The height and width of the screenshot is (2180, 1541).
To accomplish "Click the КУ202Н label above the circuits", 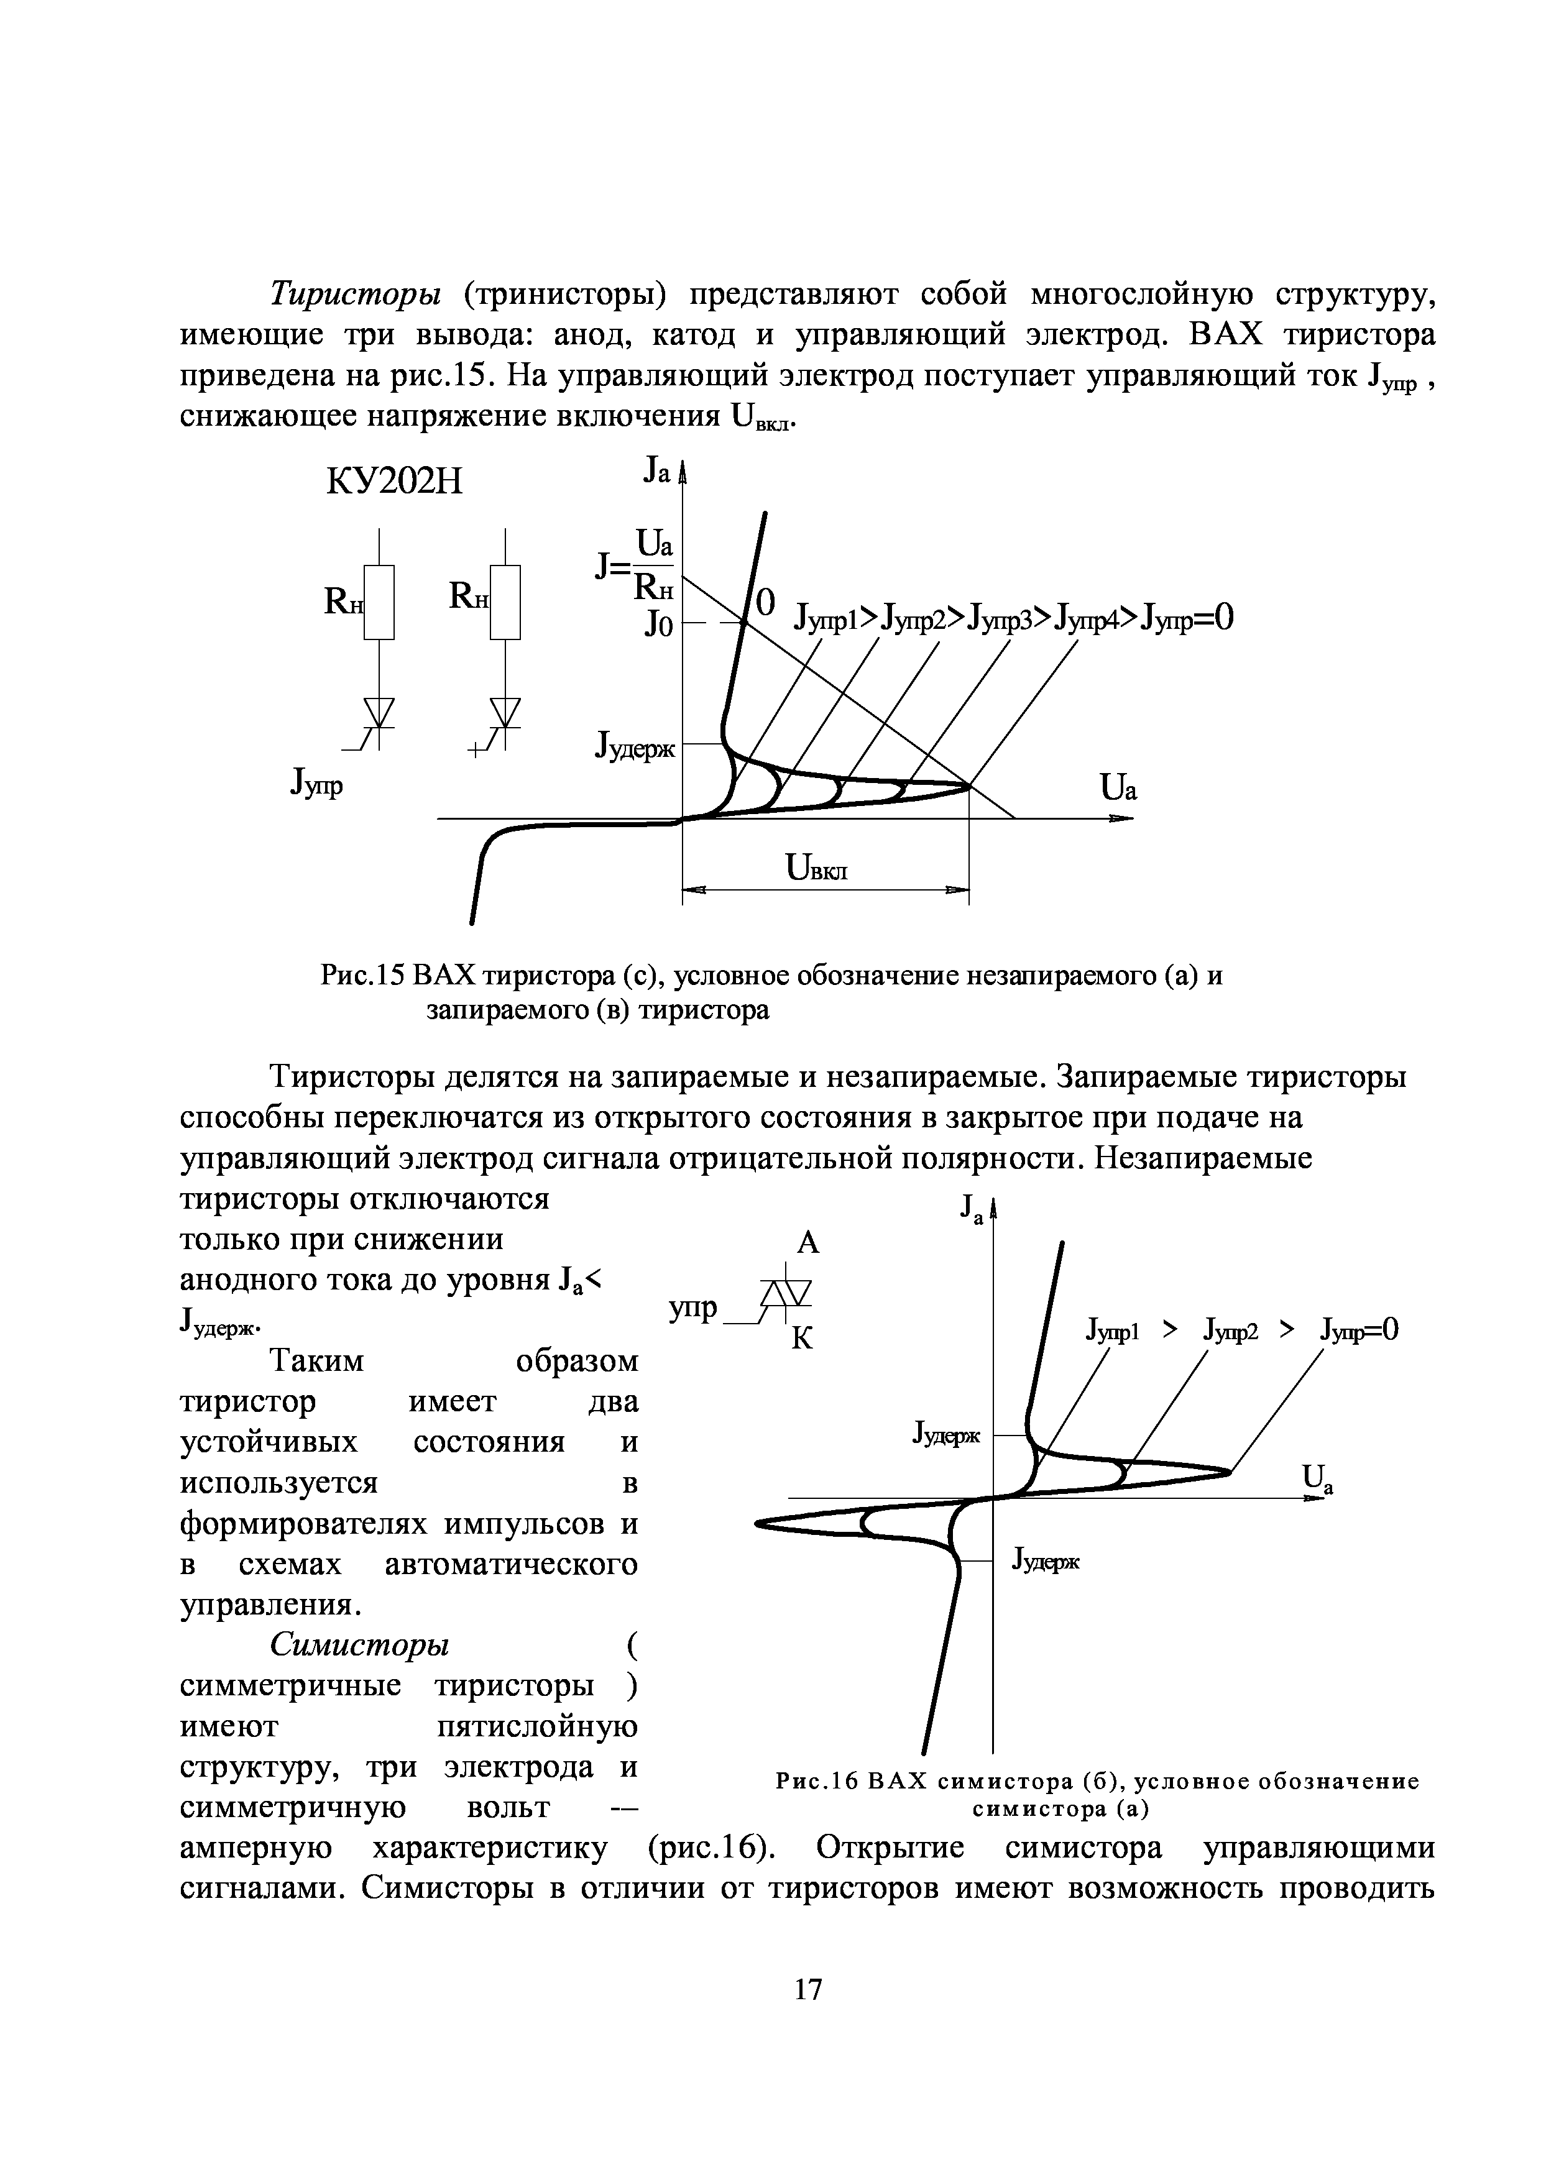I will click(394, 482).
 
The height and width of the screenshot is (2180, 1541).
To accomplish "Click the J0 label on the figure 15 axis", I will click(659, 626).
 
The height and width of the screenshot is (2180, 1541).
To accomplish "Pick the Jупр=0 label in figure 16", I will click(1359, 1330).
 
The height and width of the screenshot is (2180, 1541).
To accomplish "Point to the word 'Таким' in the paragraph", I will click(317, 1362).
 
